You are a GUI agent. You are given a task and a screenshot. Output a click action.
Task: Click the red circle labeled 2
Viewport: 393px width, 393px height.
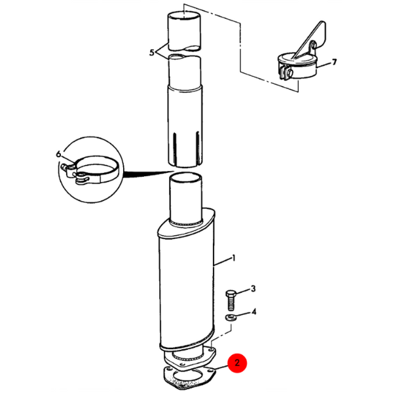coord(237,363)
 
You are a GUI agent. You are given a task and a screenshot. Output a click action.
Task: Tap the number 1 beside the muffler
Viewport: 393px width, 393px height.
coord(234,258)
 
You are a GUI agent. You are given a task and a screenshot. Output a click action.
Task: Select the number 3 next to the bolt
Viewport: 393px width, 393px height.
coord(253,288)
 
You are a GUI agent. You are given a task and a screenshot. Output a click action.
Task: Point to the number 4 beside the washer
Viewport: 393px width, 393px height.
coord(253,312)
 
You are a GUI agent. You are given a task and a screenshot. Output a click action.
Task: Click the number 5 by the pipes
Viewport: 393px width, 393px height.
coord(152,52)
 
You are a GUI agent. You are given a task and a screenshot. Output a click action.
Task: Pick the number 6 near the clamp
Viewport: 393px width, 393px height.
coord(58,154)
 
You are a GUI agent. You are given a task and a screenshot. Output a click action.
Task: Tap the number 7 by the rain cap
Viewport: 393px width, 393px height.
coord(334,62)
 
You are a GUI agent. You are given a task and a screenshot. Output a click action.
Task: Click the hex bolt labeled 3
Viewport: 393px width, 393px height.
coord(231,300)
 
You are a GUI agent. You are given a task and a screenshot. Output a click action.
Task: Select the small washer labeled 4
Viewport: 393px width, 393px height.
coord(229,317)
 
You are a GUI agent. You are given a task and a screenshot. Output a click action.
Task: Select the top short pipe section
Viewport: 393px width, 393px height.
coord(184,31)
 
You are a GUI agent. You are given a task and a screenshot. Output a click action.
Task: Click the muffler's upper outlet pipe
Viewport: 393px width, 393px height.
coord(186,198)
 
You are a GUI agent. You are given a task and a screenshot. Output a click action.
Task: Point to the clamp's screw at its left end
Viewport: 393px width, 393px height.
coord(65,166)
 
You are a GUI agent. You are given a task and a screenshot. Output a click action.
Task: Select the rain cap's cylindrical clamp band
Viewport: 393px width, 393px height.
coord(297,67)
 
